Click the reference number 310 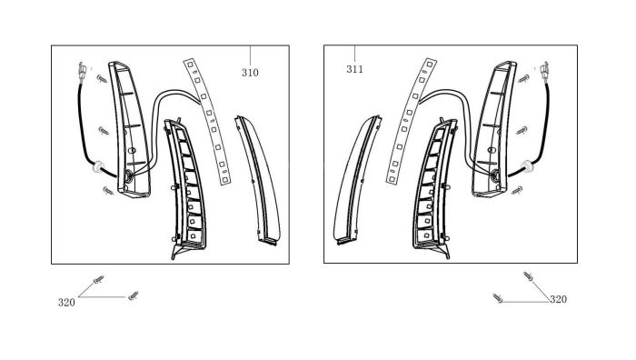(x=250, y=73)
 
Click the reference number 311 (x=354, y=69)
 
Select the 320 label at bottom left (x=66, y=303)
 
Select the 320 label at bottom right (x=558, y=299)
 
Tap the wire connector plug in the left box (x=82, y=71)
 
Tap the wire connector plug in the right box (x=544, y=71)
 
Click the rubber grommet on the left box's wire (x=98, y=166)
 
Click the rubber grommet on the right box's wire (x=527, y=166)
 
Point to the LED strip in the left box (x=207, y=122)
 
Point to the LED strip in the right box (x=411, y=122)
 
